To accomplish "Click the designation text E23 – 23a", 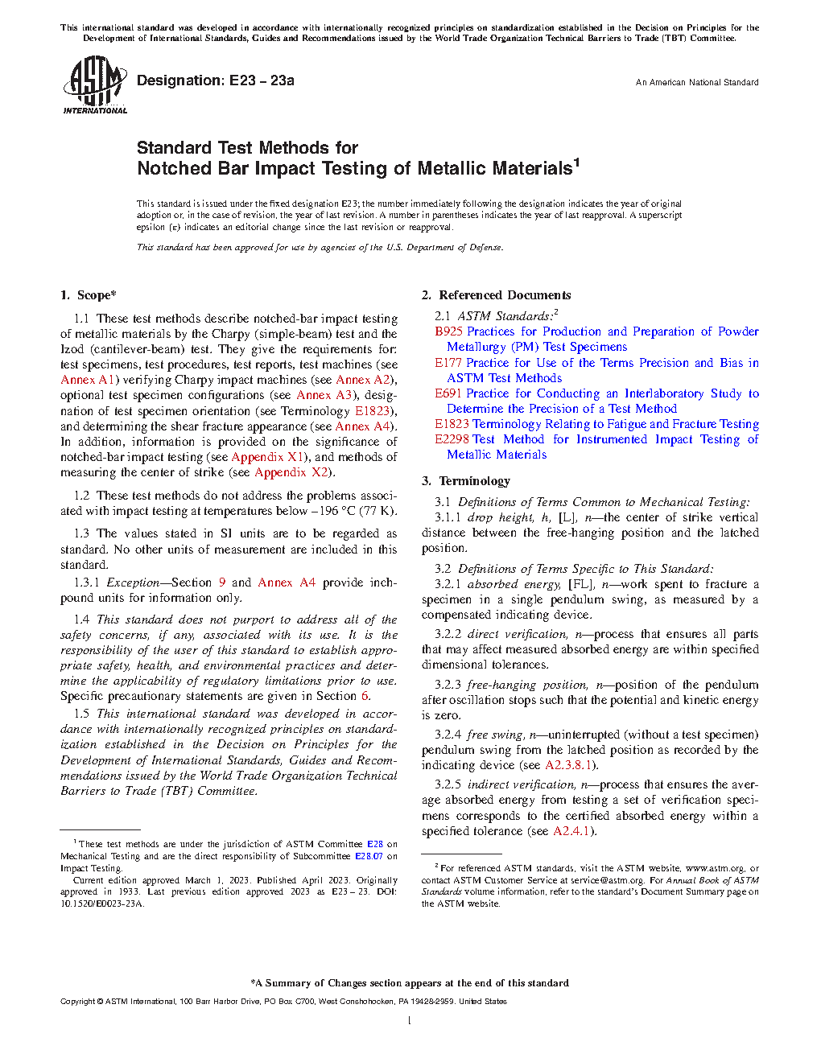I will click(x=262, y=80).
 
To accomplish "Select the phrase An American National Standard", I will click(x=696, y=82).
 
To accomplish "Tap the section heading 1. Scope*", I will click(x=89, y=295).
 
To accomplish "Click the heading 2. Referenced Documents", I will click(x=497, y=295).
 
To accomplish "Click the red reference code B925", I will click(x=448, y=331).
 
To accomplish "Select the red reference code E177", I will click(x=448, y=363).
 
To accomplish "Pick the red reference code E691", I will click(x=448, y=393).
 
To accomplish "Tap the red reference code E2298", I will click(x=452, y=439).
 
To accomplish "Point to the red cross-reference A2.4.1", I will click(x=571, y=831).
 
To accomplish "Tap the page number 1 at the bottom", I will click(x=410, y=1021).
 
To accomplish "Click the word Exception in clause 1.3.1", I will click(x=133, y=582).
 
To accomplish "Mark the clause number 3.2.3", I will click(x=448, y=685).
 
